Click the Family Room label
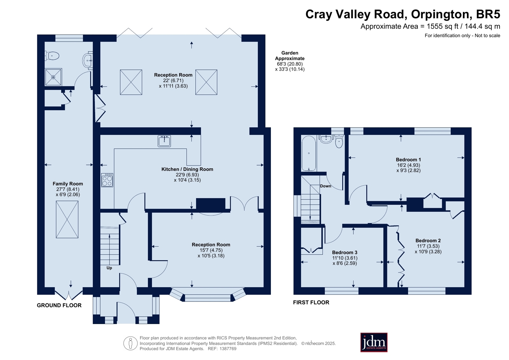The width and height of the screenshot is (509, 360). pos(68,184)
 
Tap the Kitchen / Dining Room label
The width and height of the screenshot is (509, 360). pos(187,169)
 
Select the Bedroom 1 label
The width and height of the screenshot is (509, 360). pos(408,159)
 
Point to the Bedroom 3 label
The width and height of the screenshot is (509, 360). pos(345,252)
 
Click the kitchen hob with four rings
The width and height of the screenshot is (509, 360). pos(107,180)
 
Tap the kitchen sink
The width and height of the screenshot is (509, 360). pos(164,141)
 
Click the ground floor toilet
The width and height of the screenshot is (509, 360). pos(52,56)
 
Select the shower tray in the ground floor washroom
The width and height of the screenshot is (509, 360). pos(53,77)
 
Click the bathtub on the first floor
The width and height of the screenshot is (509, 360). pos(308,153)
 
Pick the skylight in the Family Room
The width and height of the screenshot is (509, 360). pos(67,219)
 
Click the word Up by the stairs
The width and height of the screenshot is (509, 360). pos(109,268)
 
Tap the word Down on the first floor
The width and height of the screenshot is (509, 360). pos(326,186)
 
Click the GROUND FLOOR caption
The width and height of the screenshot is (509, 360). pos(59,305)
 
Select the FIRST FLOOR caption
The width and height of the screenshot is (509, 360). pos(311,302)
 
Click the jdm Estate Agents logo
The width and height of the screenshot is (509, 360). pos(374,342)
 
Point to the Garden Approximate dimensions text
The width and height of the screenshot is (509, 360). pos(290,61)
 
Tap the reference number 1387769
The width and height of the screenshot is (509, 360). pos(228,349)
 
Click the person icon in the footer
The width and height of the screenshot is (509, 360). pos(131,343)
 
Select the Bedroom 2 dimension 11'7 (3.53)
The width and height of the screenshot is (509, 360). pos(428,246)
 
